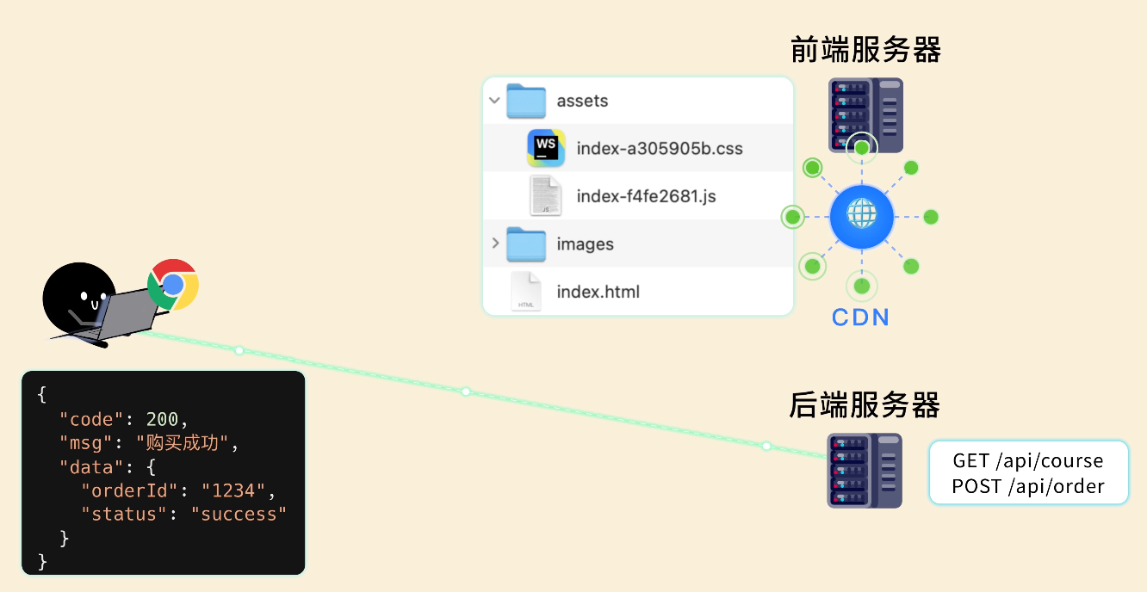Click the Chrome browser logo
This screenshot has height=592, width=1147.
coord(173,285)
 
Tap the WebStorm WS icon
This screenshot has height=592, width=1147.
coord(546,148)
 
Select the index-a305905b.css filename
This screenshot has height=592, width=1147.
coord(660,148)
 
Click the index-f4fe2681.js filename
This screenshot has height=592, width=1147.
coord(646,196)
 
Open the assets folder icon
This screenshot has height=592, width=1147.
coord(526,101)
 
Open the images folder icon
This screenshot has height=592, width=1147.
coord(526,244)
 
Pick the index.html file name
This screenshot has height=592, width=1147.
coord(598,292)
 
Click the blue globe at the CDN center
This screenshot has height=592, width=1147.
coord(862,217)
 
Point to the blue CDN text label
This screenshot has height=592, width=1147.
coord(860,318)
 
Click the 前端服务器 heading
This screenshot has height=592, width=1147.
coord(865,50)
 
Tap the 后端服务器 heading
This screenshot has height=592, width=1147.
coord(865,404)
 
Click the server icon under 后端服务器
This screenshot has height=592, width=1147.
coord(865,471)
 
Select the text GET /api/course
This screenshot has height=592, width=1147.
coord(1027,460)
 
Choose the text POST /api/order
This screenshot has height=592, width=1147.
coord(1027,486)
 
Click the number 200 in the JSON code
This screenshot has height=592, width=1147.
coord(163,419)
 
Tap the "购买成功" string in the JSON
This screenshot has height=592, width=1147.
coord(182,442)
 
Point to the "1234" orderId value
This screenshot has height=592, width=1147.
coord(233,490)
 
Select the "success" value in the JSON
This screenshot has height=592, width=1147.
coord(239,514)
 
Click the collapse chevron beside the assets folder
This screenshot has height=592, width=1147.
coord(494,101)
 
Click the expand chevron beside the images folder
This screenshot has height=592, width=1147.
coord(495,243)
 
